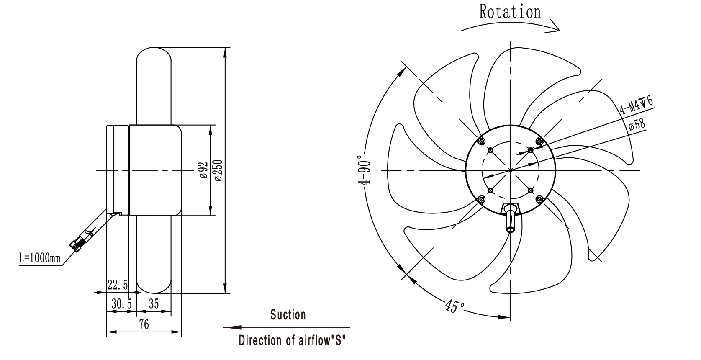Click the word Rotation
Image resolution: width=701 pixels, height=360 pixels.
(510, 12)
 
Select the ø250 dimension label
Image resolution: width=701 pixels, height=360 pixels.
(218, 171)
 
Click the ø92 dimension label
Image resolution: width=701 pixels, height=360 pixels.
(203, 171)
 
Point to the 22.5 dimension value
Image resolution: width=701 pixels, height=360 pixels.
(118, 285)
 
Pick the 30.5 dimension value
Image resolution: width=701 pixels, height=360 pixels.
(121, 303)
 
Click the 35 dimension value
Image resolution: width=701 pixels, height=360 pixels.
(154, 303)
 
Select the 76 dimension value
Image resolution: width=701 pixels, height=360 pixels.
(144, 324)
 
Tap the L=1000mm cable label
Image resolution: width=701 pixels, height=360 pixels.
(39, 258)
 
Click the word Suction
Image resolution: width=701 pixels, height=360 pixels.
(288, 315)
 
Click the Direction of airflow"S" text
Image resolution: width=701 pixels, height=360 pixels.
(292, 340)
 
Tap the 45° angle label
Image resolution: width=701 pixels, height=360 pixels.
(455, 306)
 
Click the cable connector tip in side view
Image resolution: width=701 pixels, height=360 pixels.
(74, 247)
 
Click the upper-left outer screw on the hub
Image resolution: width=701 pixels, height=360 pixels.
(482, 141)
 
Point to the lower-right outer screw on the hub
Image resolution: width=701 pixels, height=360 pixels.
(539, 199)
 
